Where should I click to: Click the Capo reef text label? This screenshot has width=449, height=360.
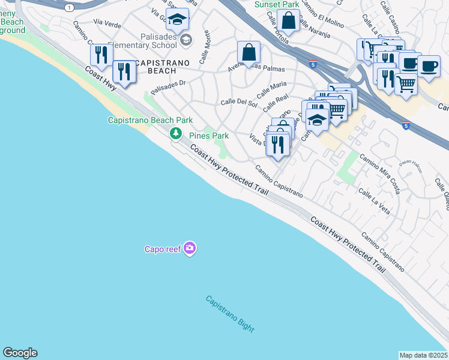tap(163, 248)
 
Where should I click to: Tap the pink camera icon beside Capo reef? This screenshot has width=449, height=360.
tap(190, 248)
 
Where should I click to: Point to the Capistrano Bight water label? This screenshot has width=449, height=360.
tap(230, 314)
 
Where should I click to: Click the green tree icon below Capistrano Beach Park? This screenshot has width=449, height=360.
tap(176, 133)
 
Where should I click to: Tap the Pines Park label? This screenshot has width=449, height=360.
tap(209, 136)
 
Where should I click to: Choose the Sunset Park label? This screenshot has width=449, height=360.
tap(276, 4)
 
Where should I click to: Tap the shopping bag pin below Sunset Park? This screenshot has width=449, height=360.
tap(289, 20)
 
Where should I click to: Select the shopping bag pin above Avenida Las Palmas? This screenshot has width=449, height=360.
tap(248, 52)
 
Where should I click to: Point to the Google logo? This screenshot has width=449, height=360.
tap(19, 353)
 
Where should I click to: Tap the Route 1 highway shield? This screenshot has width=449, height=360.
tap(70, 7)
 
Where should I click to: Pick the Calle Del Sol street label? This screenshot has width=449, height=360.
tap(239, 103)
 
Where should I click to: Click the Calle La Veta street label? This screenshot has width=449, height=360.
tap(374, 202)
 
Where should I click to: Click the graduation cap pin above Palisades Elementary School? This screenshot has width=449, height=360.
tap(177, 20)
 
